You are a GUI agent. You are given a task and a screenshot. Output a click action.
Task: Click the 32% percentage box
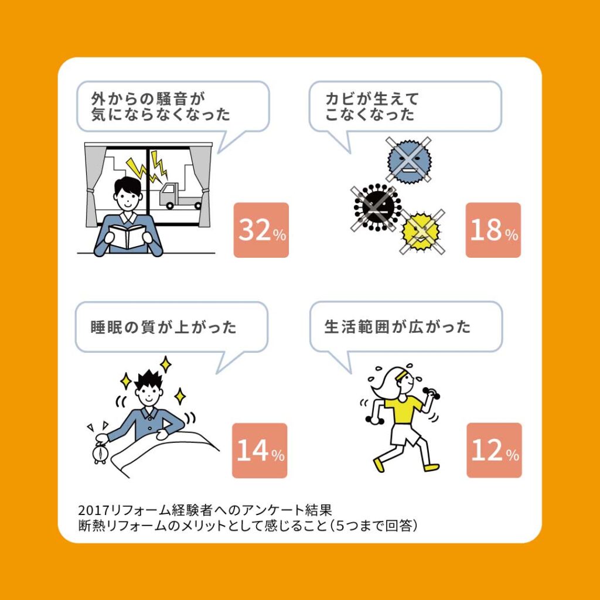[x=261, y=230]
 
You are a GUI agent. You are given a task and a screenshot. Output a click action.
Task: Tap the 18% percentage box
[x=493, y=230]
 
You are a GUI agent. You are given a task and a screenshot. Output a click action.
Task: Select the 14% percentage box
[x=260, y=451]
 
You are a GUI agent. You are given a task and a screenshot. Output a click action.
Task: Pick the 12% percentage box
[x=494, y=450]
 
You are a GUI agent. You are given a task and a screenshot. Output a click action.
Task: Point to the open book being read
[x=128, y=237]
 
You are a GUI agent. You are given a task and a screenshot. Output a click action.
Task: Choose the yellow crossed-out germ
[x=421, y=231]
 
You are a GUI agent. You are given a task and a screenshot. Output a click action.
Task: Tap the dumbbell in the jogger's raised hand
[x=431, y=393]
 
